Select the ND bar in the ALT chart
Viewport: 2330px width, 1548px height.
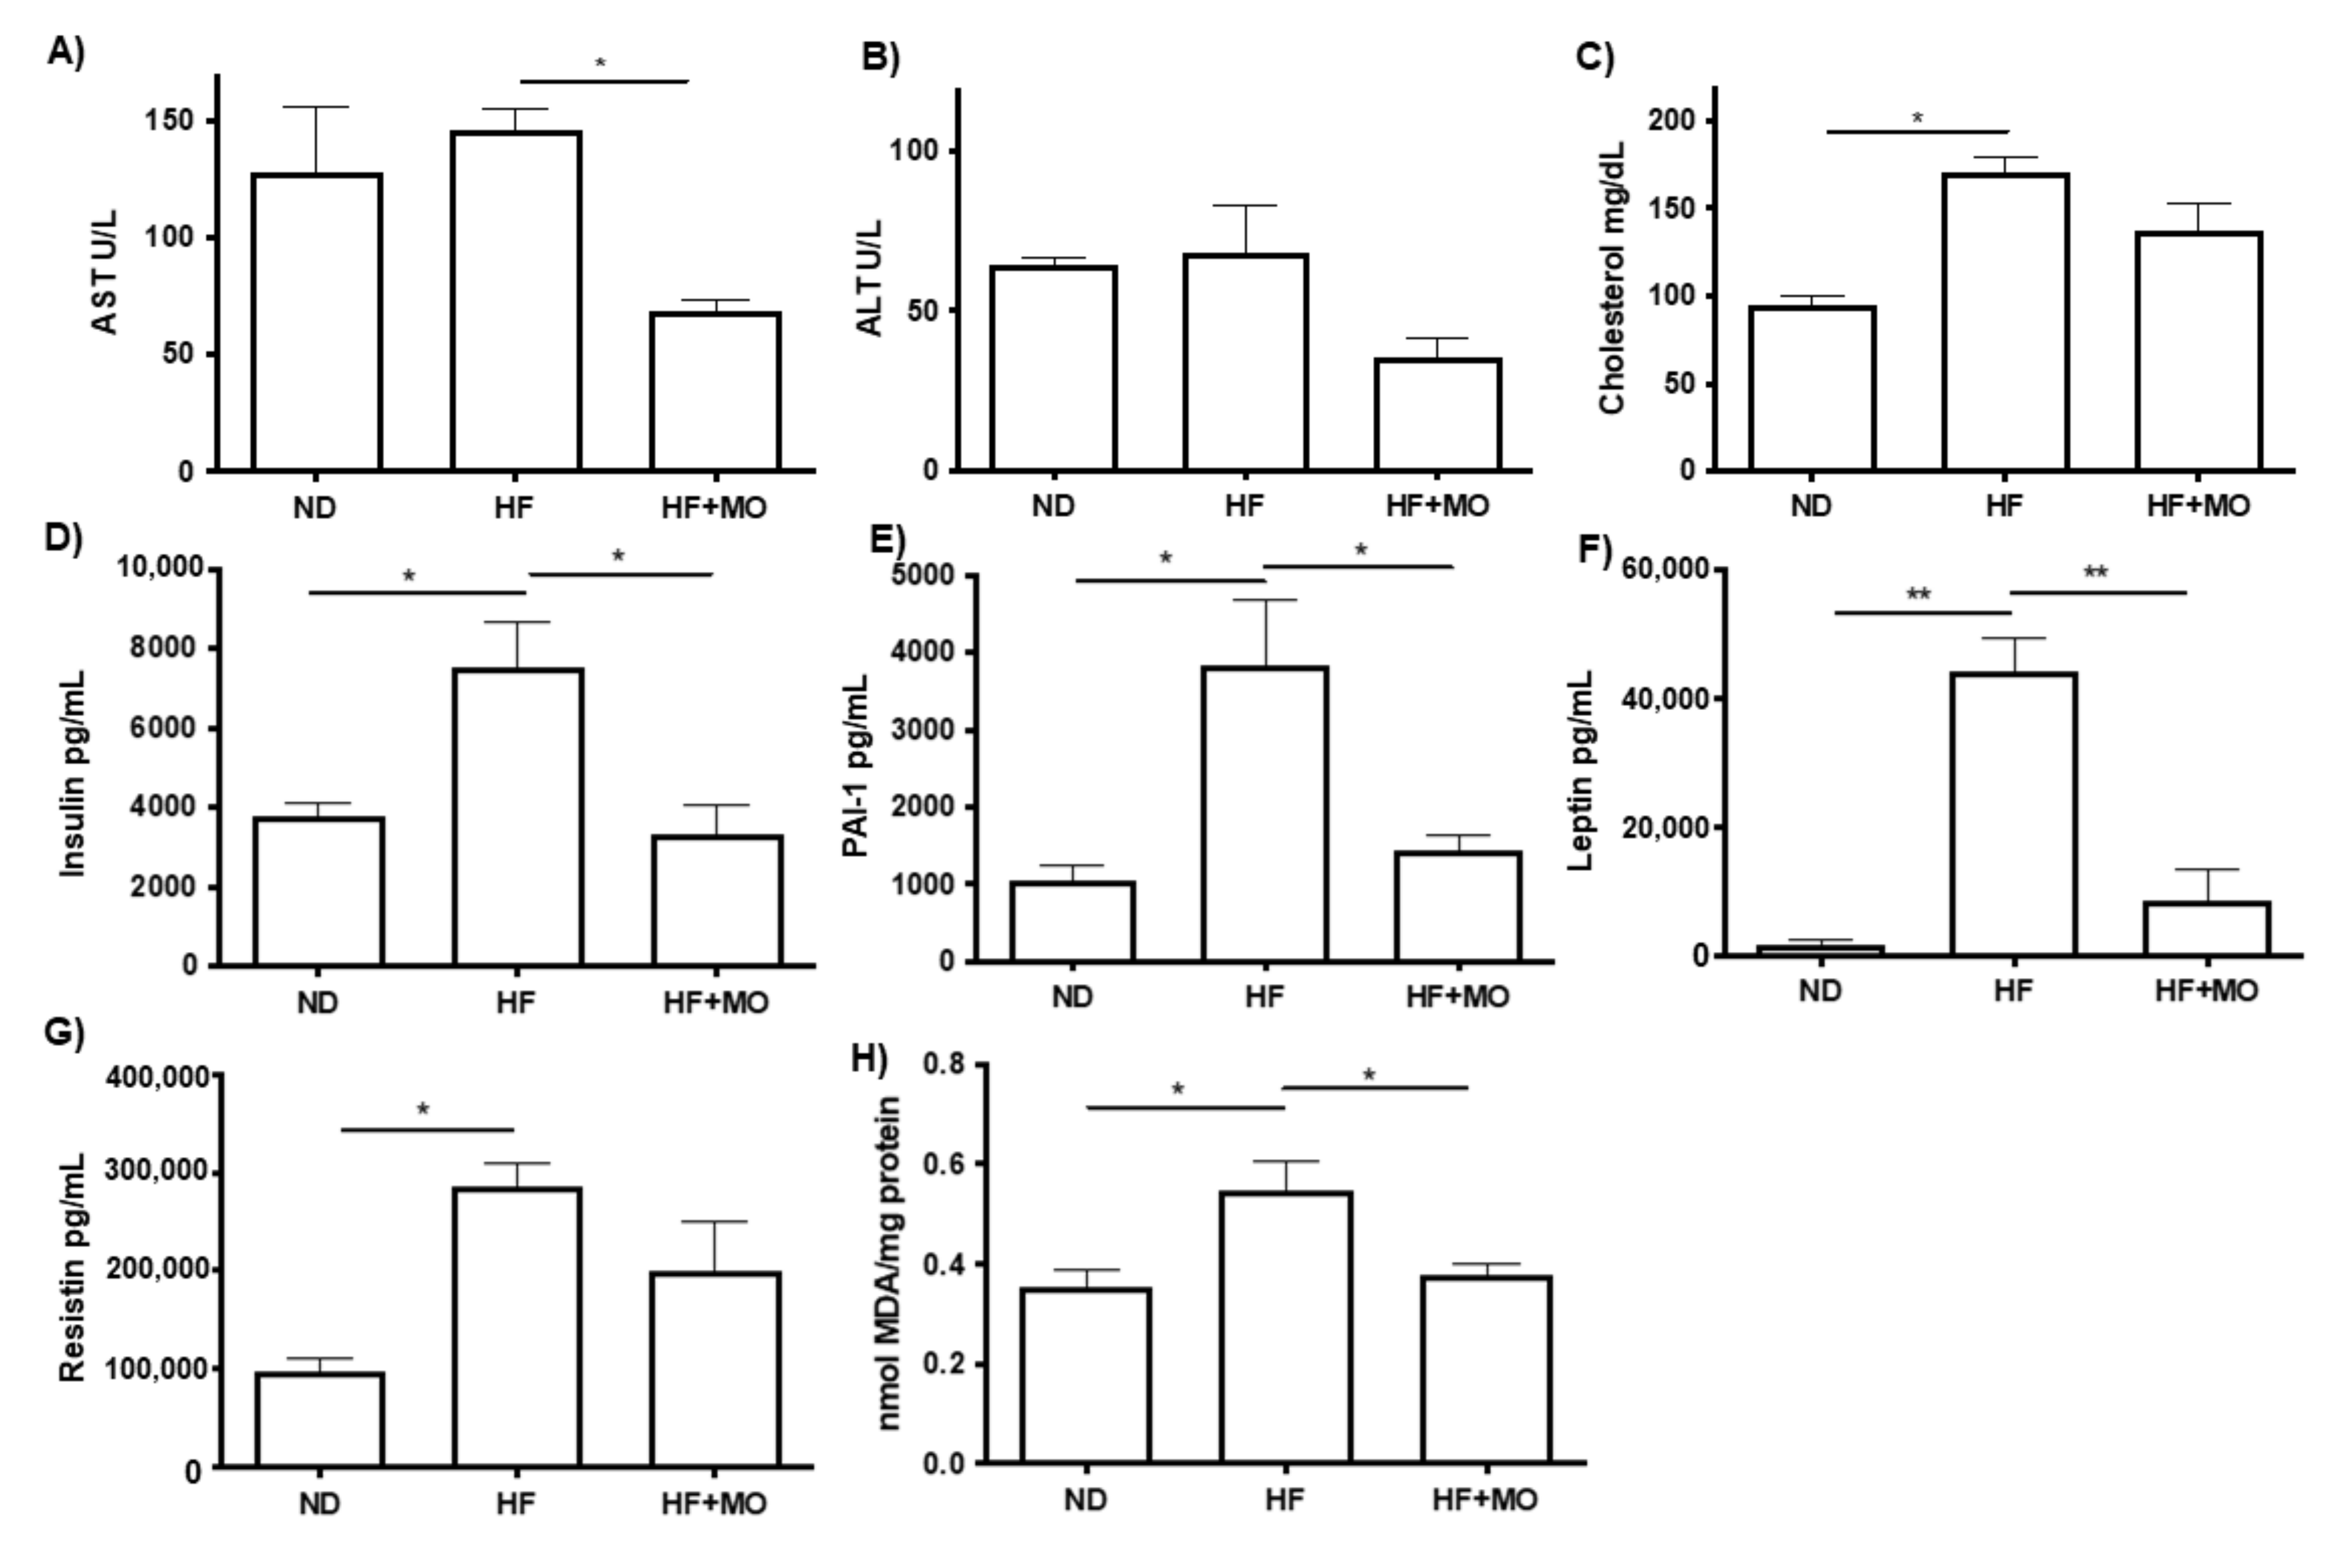pos(1054,367)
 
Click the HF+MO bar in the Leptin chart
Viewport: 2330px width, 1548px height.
pos(2207,928)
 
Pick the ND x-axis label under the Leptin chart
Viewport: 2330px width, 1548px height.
pos(1820,990)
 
